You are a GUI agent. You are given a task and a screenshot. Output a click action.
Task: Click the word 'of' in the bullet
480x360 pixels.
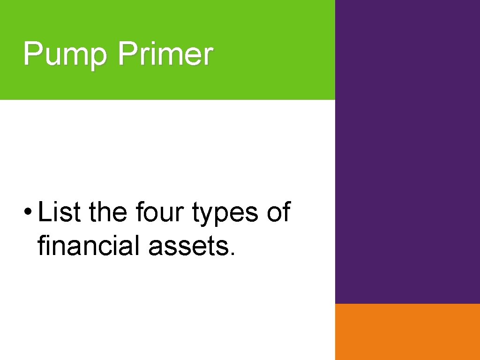pyautogui.click(x=278, y=212)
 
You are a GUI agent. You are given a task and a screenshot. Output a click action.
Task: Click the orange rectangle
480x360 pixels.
pyautogui.click(x=407, y=331)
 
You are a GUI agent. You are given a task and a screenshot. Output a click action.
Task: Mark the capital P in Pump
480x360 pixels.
pyautogui.click(x=32, y=53)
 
